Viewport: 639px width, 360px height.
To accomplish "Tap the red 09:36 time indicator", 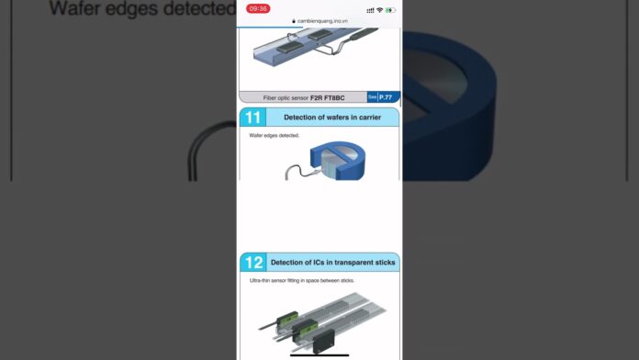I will tap(258, 8).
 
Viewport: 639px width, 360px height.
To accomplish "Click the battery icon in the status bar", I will tap(391, 9).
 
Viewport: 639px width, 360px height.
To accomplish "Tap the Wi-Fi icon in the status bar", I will tap(379, 9).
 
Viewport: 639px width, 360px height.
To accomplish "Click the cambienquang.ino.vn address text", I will tap(322, 20).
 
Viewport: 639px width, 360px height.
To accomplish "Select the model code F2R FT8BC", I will tap(327, 97).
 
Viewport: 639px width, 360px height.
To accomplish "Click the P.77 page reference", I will tap(386, 96).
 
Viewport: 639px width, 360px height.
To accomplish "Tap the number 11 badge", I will tap(253, 118).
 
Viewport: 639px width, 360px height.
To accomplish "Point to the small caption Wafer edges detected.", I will tap(275, 136).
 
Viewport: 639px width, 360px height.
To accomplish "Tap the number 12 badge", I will tap(253, 263).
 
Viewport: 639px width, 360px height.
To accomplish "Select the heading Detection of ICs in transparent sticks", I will tap(332, 263).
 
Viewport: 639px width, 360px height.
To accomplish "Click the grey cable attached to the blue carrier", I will tap(293, 169).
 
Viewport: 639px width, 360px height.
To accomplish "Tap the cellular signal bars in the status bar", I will tap(369, 9).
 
